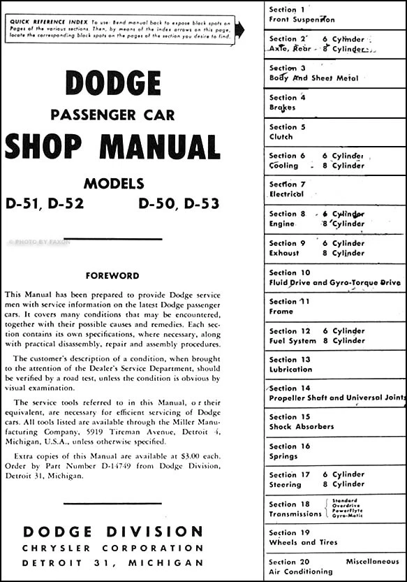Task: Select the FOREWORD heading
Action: [x=112, y=275]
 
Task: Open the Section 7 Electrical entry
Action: [x=287, y=189]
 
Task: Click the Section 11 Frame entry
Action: [x=289, y=306]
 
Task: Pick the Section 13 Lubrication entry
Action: [x=290, y=364]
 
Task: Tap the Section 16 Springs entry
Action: [x=289, y=451]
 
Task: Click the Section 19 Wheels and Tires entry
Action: [x=303, y=537]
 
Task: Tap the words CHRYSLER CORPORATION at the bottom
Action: [x=112, y=548]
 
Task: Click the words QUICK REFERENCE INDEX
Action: [x=42, y=22]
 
